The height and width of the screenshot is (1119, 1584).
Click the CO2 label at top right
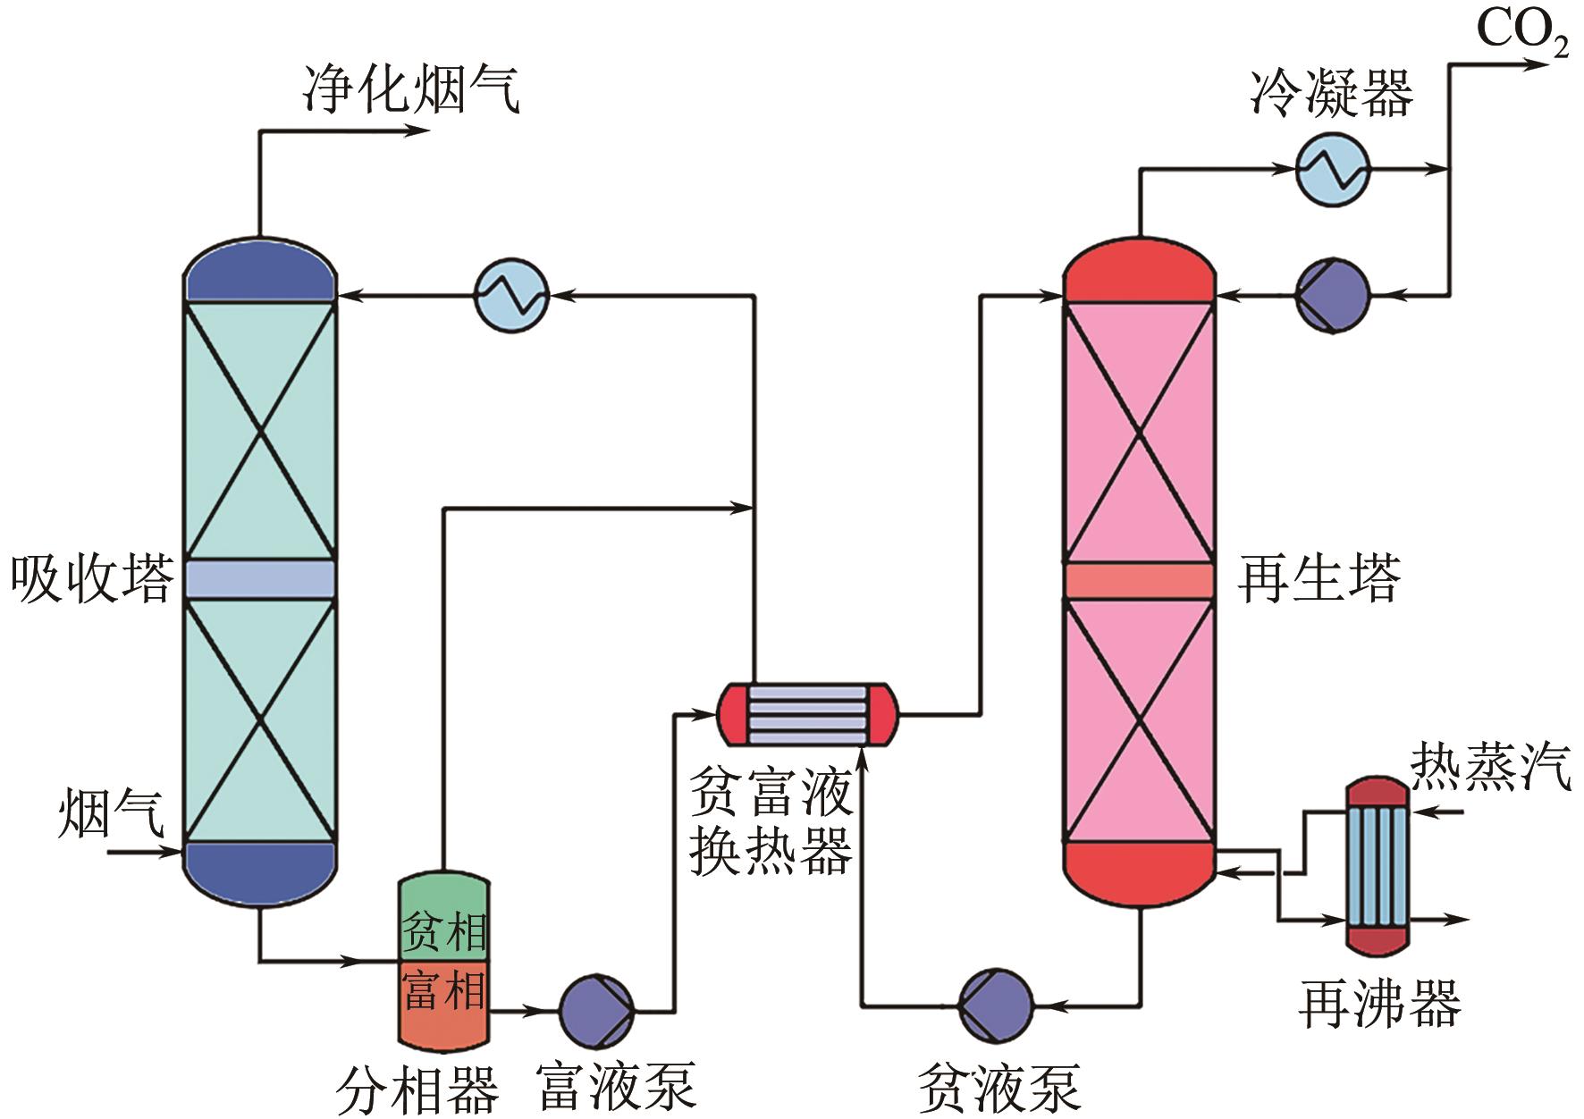pos(1521,31)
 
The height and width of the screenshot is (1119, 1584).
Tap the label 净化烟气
pos(410,89)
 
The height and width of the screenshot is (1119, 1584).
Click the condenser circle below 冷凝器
pos(1332,169)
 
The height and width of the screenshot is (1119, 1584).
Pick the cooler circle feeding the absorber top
pos(510,294)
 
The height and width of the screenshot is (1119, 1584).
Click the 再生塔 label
pos(1319,578)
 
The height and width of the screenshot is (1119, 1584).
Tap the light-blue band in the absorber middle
pos(260,579)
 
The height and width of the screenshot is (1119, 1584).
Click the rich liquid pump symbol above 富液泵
pos(596,1011)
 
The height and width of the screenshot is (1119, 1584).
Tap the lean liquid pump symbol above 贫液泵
pos(995,1005)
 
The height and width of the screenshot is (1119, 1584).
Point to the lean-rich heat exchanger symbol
pos(806,714)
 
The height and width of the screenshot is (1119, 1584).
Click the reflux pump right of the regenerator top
pos(1332,295)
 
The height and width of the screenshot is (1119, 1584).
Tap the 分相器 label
pos(417,1090)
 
